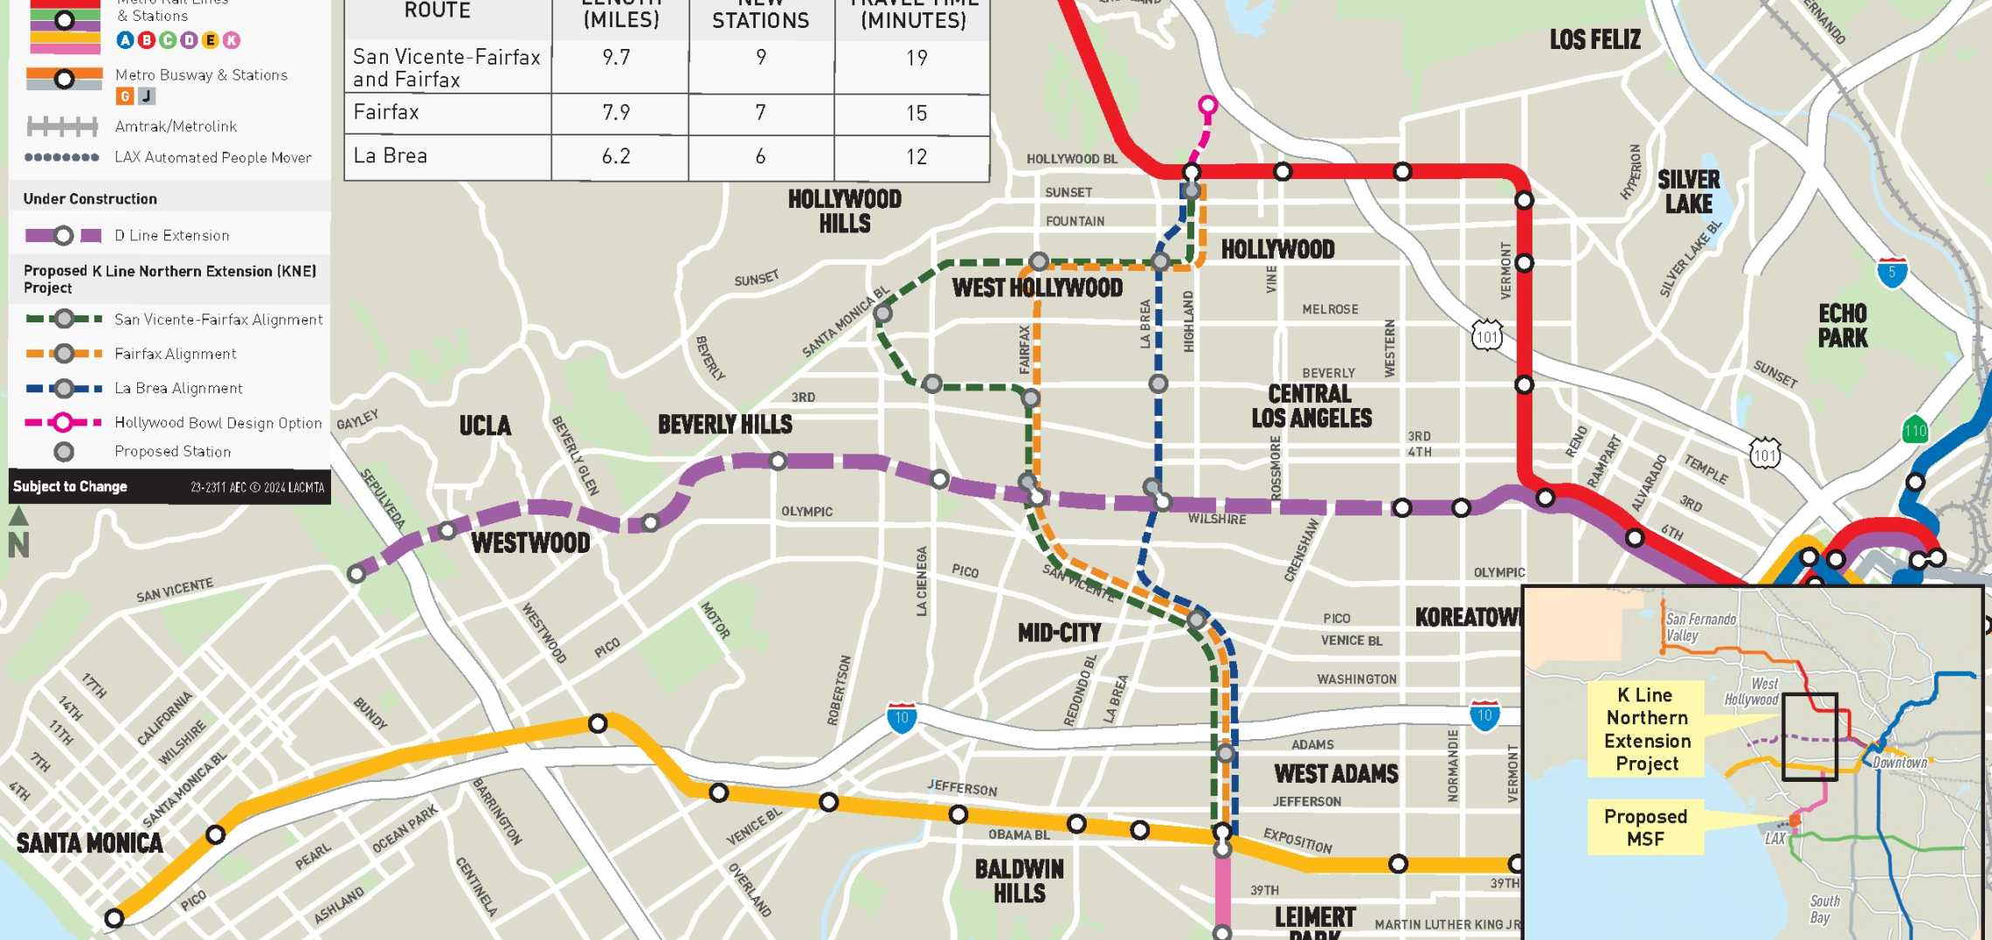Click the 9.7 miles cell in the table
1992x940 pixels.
[x=616, y=58]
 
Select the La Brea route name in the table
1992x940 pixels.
[x=391, y=156]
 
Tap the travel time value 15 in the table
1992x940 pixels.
[x=916, y=113]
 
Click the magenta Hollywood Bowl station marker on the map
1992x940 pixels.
[x=1207, y=107]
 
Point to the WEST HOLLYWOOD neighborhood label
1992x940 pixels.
[x=1037, y=288]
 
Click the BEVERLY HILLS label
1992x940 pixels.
[x=725, y=425]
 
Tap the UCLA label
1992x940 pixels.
[x=485, y=425]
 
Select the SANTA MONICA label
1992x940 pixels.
[x=89, y=843]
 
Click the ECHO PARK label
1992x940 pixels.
[x=1843, y=326]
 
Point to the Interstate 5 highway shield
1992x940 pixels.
[x=1892, y=273]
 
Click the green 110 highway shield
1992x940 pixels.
[x=1915, y=431]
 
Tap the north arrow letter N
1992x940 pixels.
[x=18, y=545]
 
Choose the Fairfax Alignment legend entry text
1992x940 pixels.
[x=176, y=354]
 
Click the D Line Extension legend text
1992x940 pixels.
[x=172, y=236]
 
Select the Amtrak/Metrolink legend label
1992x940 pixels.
[x=176, y=127]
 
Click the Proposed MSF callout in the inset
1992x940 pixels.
[x=1645, y=827]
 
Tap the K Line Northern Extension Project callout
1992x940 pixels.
[x=1647, y=729]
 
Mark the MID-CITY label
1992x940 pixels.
[x=1059, y=632]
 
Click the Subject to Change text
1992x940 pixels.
[x=70, y=487]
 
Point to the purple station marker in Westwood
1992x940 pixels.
[x=447, y=530]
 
